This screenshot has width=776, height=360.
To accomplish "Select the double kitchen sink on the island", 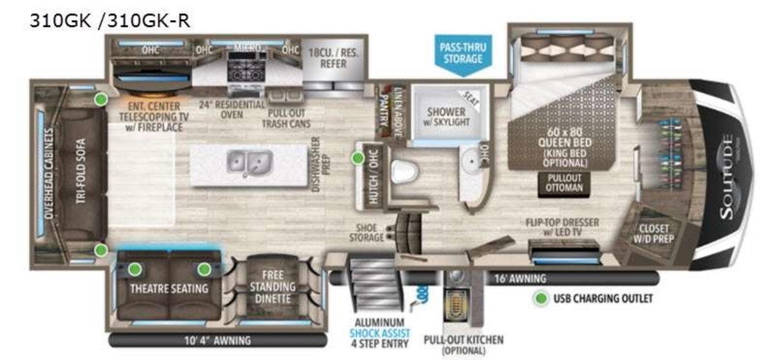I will point(248,162).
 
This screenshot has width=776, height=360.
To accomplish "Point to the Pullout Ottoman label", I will point(561,183).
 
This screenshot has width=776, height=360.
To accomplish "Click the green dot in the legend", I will point(539,299).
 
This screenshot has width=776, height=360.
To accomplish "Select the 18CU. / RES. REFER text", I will point(332,58).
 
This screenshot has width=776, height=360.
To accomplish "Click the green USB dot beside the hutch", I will point(357,158).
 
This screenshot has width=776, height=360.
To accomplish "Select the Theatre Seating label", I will point(169,288).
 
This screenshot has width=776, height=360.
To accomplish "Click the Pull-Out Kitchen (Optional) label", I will point(464,344).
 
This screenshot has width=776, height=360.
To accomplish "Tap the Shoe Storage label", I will point(367,233).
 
